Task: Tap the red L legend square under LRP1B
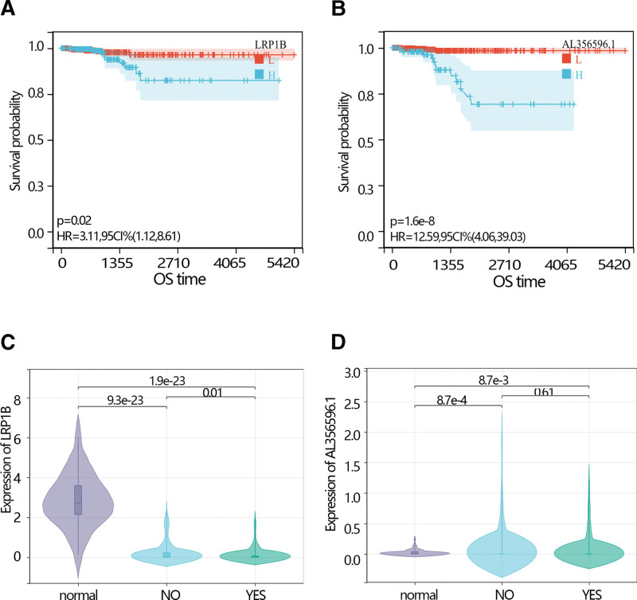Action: pos(259,59)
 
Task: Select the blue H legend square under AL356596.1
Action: pos(566,74)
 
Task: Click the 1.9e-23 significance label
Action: pos(166,380)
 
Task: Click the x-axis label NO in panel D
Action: pos(502,592)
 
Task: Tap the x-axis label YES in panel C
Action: pos(255,592)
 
